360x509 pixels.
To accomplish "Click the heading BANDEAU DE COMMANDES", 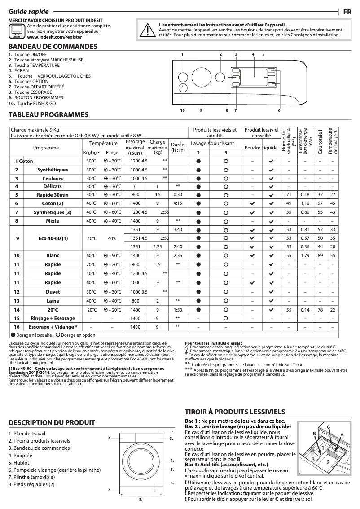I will (x=53, y=47).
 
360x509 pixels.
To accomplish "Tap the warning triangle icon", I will (x=147, y=30).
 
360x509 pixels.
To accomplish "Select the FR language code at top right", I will (x=347, y=12).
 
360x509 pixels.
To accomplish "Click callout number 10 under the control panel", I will (x=182, y=110).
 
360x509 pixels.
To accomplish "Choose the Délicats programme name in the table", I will (x=53, y=186).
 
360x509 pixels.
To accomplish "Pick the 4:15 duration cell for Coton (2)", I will (x=178, y=203).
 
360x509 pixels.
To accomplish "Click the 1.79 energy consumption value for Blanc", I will (x=305, y=255).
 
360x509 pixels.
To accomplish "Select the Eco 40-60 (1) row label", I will (x=53, y=238).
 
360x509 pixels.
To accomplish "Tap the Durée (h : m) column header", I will (x=178, y=147).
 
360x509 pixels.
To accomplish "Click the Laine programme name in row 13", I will (x=53, y=301).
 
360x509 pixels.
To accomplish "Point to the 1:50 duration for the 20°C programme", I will (x=178, y=310).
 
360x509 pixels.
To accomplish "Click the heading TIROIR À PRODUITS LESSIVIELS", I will (x=235, y=412).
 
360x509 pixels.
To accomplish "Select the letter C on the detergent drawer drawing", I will (x=329, y=426).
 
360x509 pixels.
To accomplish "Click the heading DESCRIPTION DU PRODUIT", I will (x=52, y=422).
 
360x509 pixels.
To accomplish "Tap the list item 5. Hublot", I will (x=19, y=462).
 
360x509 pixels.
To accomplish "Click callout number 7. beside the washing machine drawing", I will (x=109, y=490).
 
